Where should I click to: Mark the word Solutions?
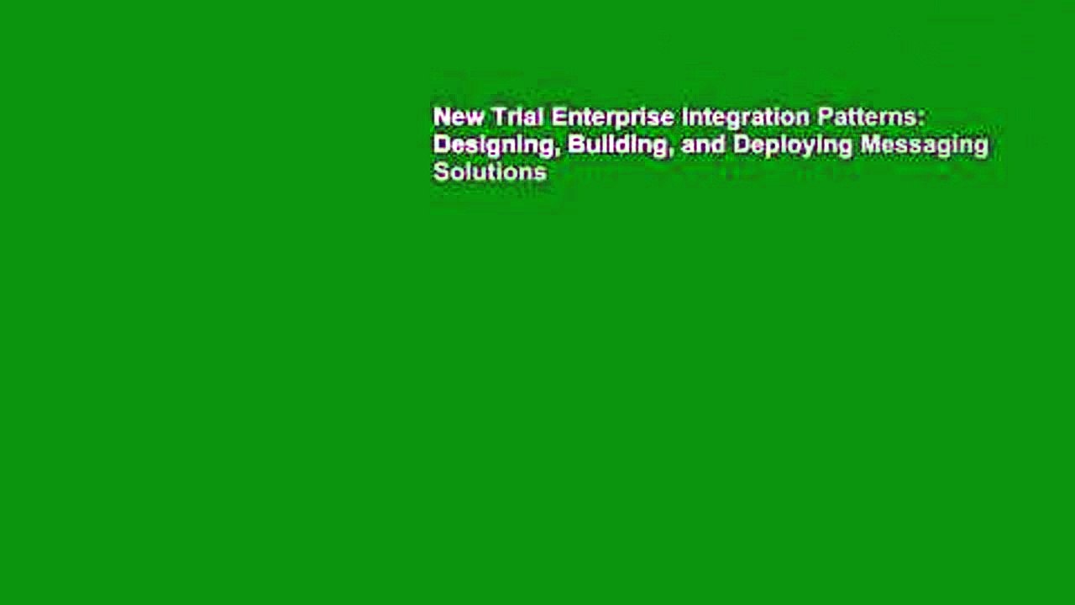pyautogui.click(x=490, y=172)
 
